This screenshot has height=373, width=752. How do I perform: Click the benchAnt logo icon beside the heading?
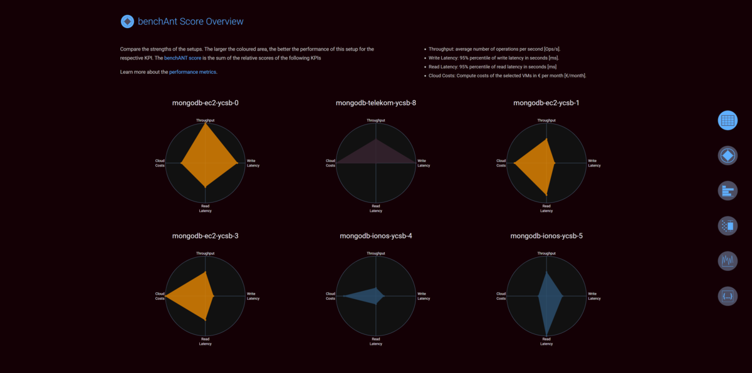(127, 21)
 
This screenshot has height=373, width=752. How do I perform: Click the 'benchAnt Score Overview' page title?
(191, 21)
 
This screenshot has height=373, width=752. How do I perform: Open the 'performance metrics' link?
(192, 72)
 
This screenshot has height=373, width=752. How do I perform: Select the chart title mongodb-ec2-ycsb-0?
(205, 103)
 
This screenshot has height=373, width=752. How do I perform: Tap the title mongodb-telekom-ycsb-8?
(375, 103)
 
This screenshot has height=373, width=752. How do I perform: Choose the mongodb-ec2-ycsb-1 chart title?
(546, 103)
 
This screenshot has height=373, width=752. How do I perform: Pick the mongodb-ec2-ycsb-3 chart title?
(205, 236)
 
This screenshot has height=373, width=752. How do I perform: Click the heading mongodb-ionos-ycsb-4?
(375, 236)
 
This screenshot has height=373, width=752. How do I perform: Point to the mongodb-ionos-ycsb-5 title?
(546, 236)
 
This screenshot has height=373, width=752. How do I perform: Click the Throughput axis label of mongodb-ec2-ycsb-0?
(205, 120)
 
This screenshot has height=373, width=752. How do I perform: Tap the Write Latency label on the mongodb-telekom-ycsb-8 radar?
(424, 163)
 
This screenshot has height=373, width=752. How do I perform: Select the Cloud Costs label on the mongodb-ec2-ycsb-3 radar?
(160, 295)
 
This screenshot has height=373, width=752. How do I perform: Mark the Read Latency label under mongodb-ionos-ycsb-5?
(546, 341)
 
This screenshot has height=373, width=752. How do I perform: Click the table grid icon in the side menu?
(728, 120)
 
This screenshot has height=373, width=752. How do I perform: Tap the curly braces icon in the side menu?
(728, 295)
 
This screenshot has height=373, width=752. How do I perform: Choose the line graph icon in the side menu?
(728, 260)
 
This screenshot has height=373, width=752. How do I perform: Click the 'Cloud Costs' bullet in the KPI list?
(508, 75)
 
